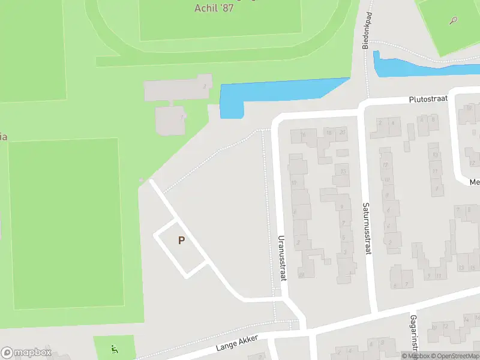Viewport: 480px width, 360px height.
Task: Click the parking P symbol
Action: click(181, 241)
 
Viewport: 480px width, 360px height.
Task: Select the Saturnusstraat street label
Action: click(366, 228)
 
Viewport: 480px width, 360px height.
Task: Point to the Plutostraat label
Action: click(430, 99)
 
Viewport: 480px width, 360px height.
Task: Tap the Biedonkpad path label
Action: click(365, 31)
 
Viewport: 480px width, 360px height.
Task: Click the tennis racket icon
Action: click(453, 20)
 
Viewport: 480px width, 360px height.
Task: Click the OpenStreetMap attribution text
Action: click(457, 356)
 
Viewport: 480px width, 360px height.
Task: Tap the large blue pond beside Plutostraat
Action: click(276, 95)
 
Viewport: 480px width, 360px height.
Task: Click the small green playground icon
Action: click(114, 349)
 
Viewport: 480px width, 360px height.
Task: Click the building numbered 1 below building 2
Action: click(170, 120)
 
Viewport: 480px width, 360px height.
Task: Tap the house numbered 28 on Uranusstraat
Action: click(301, 274)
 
